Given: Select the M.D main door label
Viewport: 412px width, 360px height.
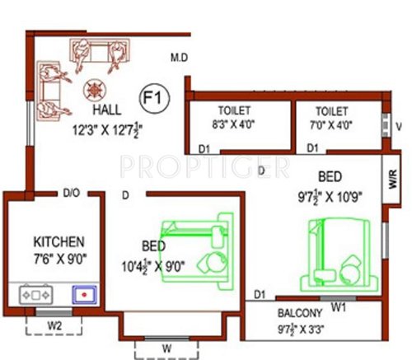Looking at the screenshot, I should [180, 58].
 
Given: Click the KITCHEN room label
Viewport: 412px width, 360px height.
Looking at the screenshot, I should [59, 242].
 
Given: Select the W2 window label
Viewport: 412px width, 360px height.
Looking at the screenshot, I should [55, 325].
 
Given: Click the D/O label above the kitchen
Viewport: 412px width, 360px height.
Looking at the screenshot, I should [71, 194].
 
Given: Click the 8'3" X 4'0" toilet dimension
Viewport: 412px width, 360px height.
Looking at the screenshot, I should [235, 126].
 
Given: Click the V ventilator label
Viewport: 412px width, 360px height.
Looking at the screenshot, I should [398, 126].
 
